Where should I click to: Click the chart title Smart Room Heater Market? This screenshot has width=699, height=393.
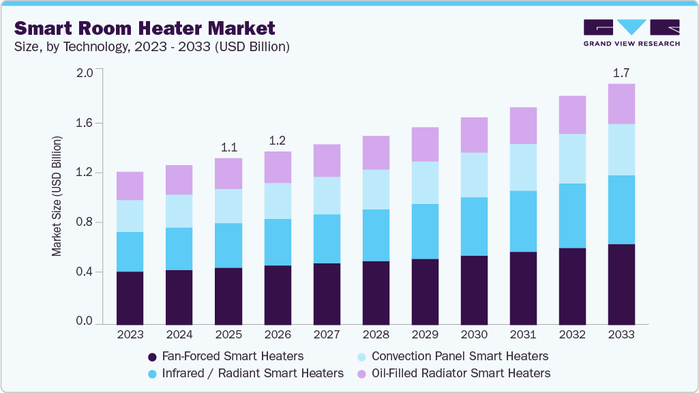click(145, 28)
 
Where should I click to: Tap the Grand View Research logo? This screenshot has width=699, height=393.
click(631, 32)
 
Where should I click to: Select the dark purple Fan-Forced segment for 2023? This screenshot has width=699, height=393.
click(130, 297)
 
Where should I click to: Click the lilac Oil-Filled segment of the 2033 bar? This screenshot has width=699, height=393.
click(621, 104)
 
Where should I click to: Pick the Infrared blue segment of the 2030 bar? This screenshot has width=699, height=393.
click(474, 227)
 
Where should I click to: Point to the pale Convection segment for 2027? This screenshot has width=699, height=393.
click(327, 196)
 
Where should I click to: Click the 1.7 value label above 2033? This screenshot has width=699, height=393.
click(621, 73)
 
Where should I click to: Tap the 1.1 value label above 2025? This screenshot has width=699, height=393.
click(228, 147)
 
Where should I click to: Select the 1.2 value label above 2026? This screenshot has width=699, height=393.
click(278, 141)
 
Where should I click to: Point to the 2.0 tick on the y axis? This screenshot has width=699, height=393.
click(85, 73)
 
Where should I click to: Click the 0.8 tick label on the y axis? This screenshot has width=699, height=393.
click(85, 222)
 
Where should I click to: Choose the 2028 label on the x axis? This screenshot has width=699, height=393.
click(376, 335)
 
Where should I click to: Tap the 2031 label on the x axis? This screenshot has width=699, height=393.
click(523, 335)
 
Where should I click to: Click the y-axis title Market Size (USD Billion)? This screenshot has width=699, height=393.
click(57, 196)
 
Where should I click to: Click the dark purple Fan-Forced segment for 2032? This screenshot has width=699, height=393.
click(572, 286)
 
